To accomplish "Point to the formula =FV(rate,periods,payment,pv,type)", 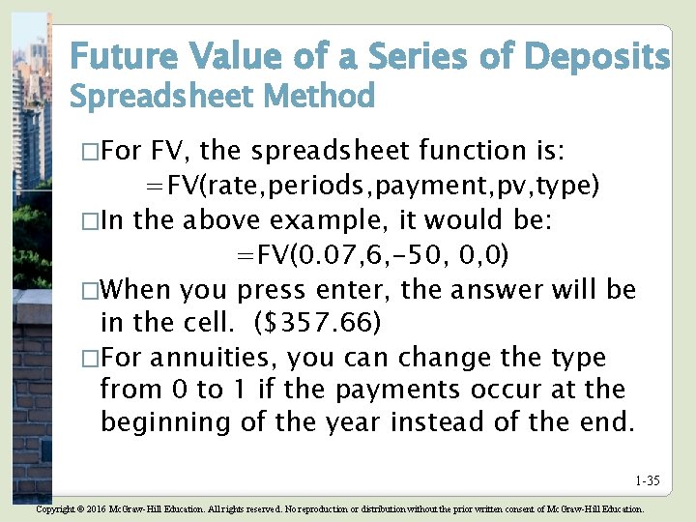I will [x=372, y=185].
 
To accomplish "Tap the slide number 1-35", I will [x=647, y=480].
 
